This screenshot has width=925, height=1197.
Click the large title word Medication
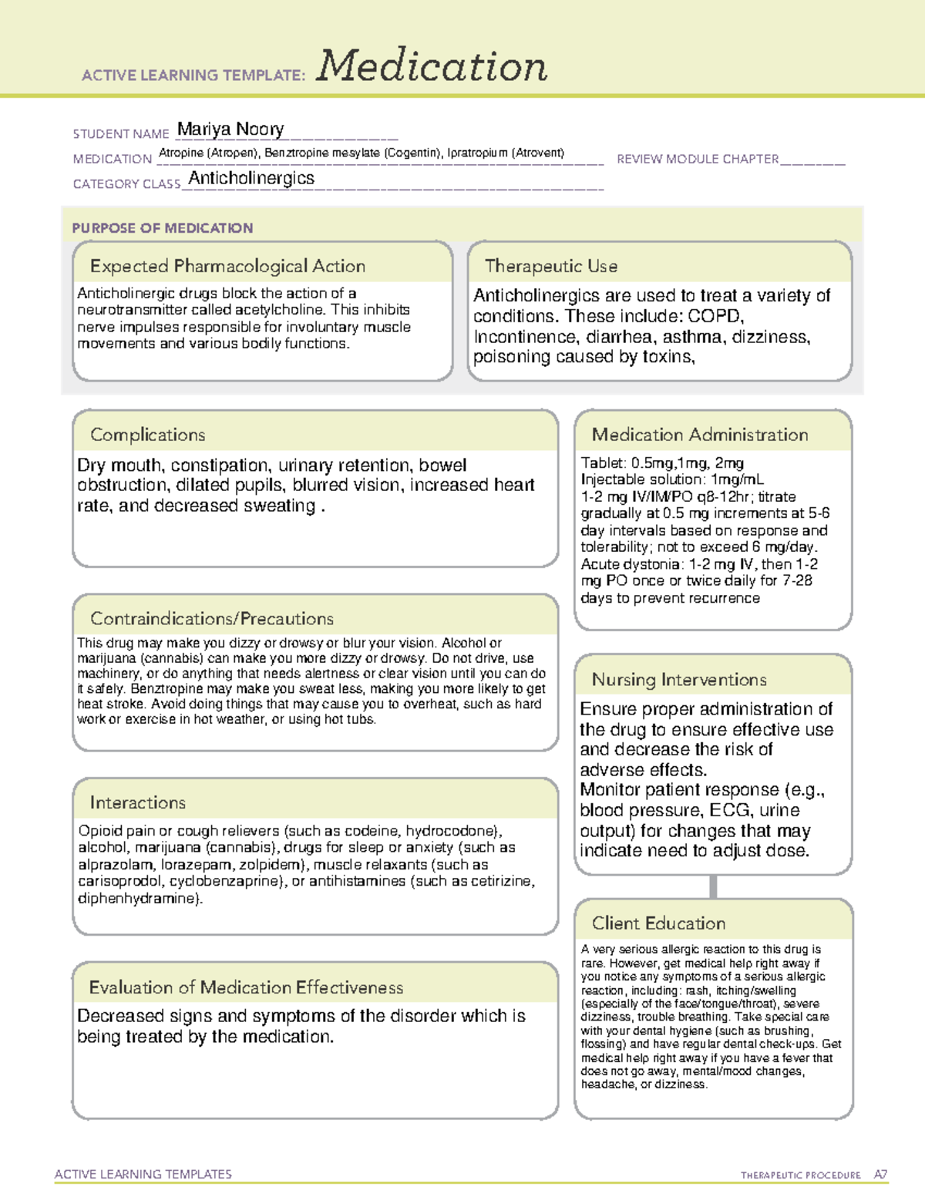pyautogui.click(x=432, y=66)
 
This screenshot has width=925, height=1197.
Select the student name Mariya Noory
pyautogui.click(x=230, y=129)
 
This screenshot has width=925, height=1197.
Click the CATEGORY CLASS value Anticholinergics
pyautogui.click(x=251, y=178)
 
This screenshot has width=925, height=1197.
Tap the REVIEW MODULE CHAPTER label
pyautogui.click(x=698, y=159)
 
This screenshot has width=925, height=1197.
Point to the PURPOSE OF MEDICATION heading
pyautogui.click(x=162, y=228)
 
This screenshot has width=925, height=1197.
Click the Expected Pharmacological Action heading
pyautogui.click(x=227, y=266)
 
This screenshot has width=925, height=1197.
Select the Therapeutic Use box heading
pyautogui.click(x=550, y=266)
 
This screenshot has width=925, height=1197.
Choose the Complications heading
pyautogui.click(x=147, y=435)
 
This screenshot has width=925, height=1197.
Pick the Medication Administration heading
pyautogui.click(x=699, y=435)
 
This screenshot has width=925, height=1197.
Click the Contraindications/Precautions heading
pyautogui.click(x=211, y=619)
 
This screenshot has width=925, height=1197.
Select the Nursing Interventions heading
pyautogui.click(x=678, y=680)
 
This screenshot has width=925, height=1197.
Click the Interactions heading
pyautogui.click(x=137, y=803)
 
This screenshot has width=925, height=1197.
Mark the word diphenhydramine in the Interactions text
pyautogui.click(x=139, y=899)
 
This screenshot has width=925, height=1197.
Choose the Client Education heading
pyautogui.click(x=658, y=923)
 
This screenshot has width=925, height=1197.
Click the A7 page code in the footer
pyautogui.click(x=880, y=1175)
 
